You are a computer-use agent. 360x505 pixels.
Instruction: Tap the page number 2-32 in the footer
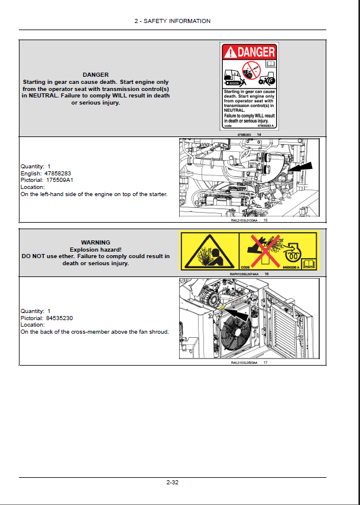(172, 483)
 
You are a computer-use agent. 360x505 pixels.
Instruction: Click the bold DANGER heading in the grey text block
(95, 74)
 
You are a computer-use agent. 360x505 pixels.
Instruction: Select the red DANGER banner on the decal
(249, 52)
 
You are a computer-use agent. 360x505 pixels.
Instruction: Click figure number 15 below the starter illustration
(266, 220)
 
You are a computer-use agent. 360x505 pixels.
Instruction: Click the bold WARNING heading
(95, 242)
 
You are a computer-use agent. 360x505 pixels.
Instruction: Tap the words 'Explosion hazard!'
(95, 249)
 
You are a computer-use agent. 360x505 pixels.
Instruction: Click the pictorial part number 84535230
(61, 318)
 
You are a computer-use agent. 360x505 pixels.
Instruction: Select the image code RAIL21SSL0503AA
(245, 363)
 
